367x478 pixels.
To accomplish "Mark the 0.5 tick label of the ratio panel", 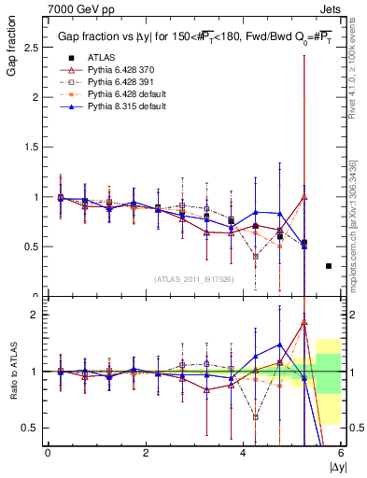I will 28,428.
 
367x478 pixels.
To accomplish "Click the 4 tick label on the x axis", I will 244,453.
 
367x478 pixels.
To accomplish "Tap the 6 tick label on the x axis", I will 341,453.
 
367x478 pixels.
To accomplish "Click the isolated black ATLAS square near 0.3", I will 328,266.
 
